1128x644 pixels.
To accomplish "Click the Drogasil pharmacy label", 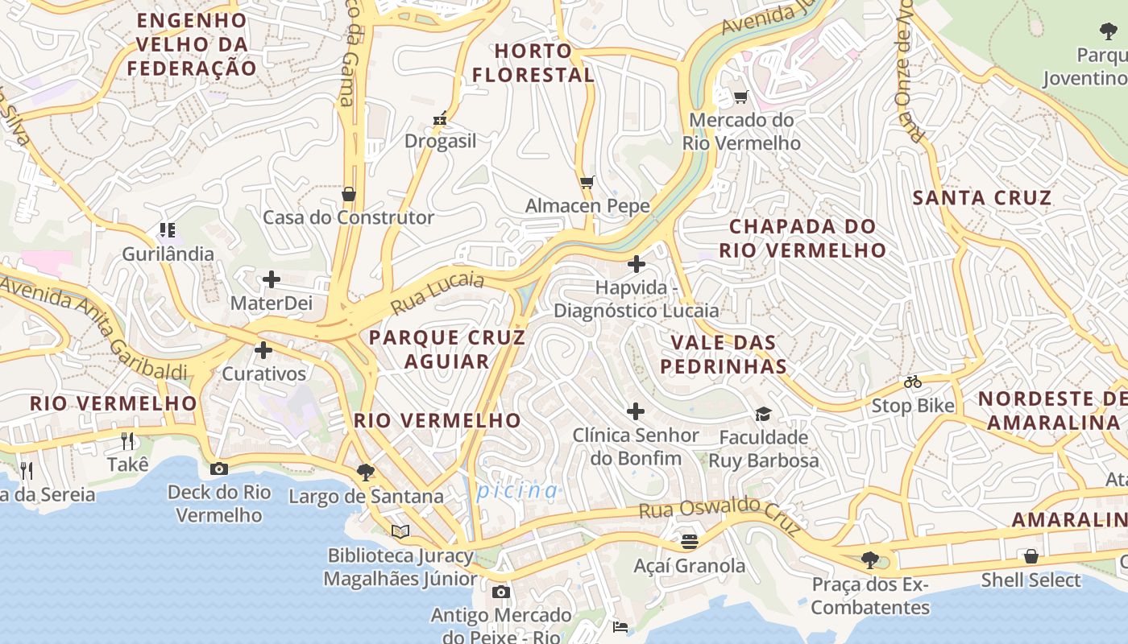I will pyautogui.click(x=440, y=141).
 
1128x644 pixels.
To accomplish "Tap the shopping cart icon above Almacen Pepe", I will pyautogui.click(x=587, y=182).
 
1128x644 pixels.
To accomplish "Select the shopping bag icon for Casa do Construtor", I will pyautogui.click(x=349, y=194).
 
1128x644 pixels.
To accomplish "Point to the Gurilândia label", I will pyautogui.click(x=168, y=254).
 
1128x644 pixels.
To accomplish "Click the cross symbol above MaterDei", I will pyautogui.click(x=272, y=279).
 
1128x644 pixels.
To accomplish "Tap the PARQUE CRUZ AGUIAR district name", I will pyautogui.click(x=447, y=349).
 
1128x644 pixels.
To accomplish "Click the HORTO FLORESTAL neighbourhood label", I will pyautogui.click(x=533, y=63).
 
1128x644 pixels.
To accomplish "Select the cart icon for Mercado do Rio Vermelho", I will pyautogui.click(x=740, y=97).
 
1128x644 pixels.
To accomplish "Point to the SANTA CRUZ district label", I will pyautogui.click(x=982, y=198).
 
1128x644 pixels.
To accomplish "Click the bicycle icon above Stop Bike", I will pyautogui.click(x=912, y=382).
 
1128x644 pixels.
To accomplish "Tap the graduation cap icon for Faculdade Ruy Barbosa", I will pyautogui.click(x=763, y=414).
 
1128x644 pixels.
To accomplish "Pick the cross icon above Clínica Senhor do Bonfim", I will pyautogui.click(x=636, y=411).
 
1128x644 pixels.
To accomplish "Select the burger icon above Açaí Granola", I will pyautogui.click(x=689, y=542).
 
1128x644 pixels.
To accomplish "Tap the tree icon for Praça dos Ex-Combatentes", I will pyautogui.click(x=869, y=559).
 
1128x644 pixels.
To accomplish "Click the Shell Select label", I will pyautogui.click(x=1031, y=580).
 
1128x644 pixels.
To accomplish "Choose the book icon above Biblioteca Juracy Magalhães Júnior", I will pyautogui.click(x=400, y=531).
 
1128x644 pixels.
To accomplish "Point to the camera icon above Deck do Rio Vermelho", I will pyautogui.click(x=218, y=469).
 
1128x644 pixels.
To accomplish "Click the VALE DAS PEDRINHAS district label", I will pyautogui.click(x=723, y=354).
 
